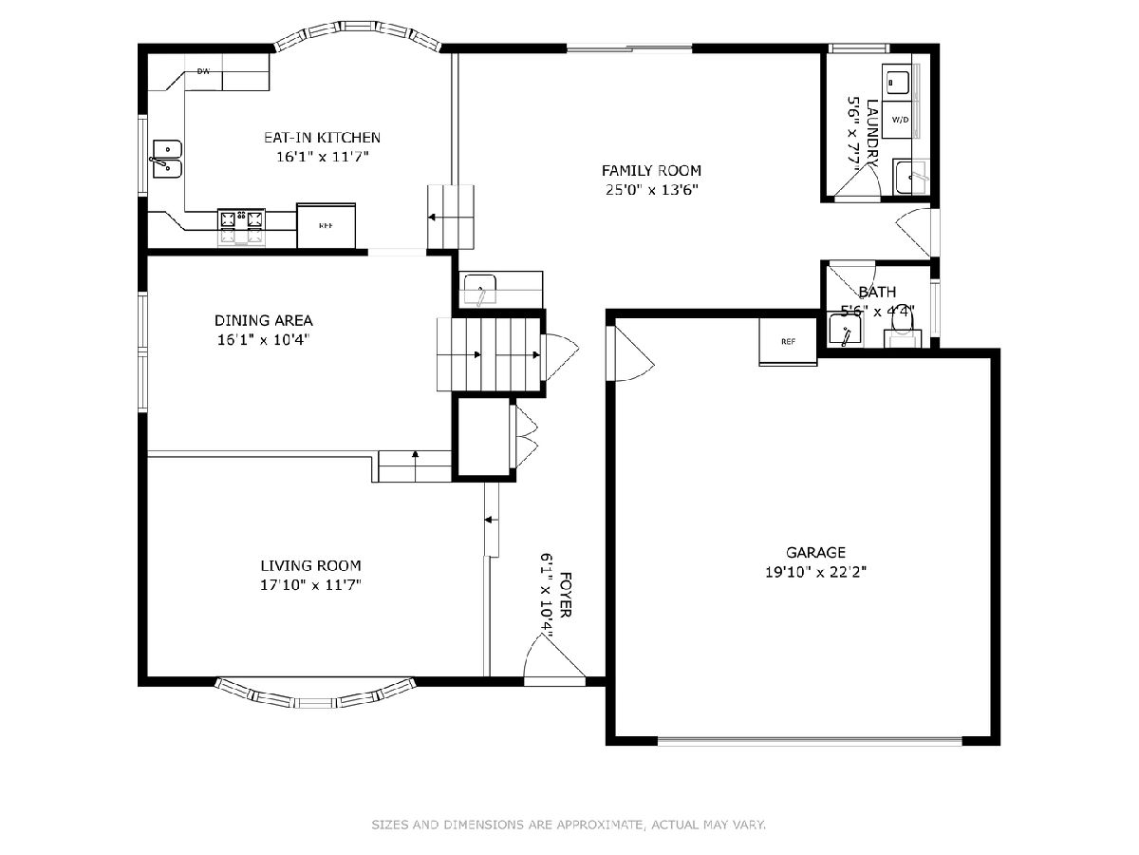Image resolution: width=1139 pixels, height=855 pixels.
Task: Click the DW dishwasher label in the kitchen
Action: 203,71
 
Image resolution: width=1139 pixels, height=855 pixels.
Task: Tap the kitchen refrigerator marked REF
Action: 326,226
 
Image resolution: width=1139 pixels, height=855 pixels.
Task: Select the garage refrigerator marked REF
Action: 788,342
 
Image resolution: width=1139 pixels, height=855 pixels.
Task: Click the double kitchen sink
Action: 168,159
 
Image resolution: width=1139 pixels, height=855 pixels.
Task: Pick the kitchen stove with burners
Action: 241,227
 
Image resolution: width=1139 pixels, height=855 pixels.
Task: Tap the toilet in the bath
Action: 903,332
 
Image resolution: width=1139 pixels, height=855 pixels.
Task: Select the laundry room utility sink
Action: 911,177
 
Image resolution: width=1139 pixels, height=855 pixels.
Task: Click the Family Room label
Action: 651,170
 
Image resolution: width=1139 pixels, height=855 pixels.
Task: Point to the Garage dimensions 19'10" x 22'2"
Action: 815,572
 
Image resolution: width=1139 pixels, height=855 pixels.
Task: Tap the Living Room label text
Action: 310,565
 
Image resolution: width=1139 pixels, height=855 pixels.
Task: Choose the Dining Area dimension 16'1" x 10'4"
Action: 264,339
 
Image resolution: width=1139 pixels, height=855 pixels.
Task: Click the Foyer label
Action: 566,595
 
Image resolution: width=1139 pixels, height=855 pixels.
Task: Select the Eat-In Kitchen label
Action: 322,138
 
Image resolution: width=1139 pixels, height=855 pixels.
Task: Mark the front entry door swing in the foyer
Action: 553,657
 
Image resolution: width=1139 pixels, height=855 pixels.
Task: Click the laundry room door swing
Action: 856,181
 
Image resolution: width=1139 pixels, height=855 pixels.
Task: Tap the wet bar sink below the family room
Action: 480,290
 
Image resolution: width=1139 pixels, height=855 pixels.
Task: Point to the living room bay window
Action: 315,693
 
